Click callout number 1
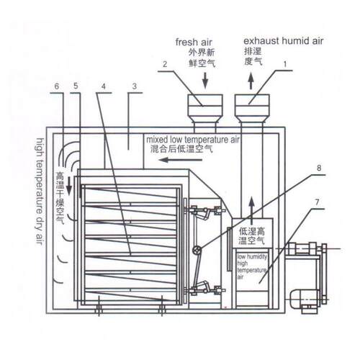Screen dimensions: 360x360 point(285,64)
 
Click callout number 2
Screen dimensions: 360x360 point(165,64)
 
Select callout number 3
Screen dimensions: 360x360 point(135,86)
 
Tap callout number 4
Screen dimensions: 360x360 point(104,86)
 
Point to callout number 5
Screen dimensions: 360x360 point(76,86)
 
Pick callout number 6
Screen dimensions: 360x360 point(57,86)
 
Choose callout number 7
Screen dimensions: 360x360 point(317,202)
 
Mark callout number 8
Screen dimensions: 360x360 point(319,168)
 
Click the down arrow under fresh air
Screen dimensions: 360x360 point(205,80)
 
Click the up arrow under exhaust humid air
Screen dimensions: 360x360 point(251,81)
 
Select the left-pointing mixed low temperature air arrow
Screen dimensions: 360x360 point(181,160)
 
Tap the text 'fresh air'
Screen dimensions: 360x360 point(194,42)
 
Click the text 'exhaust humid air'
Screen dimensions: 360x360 point(284,41)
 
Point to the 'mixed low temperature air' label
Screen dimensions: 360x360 point(193,140)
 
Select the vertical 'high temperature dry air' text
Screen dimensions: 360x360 point(40,192)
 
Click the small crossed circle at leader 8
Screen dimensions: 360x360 point(197,251)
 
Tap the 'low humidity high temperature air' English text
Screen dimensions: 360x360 point(252,267)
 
